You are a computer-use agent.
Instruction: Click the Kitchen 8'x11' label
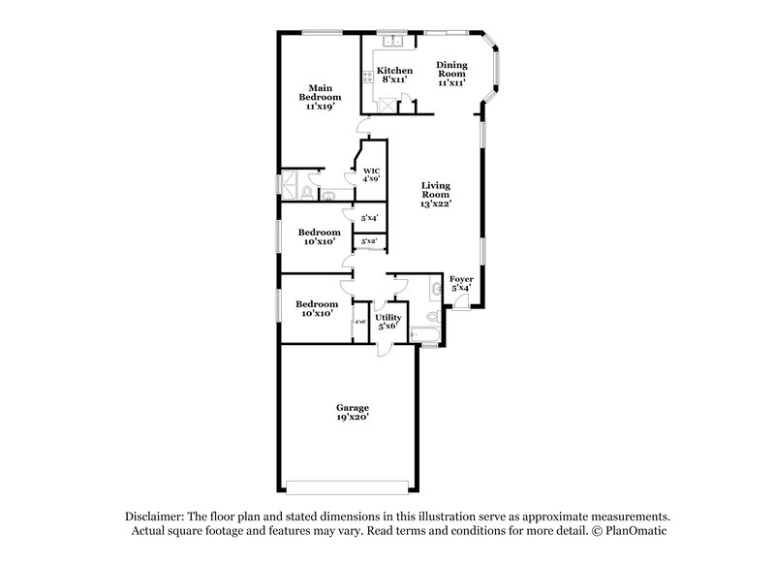[394, 75]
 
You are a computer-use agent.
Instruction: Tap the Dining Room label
[451, 75]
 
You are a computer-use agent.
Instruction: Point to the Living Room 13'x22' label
[436, 194]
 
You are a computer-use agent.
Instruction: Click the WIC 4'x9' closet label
[371, 174]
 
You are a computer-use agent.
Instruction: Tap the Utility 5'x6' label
[388, 322]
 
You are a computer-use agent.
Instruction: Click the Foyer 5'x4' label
[462, 283]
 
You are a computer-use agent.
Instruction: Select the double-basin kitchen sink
[393, 42]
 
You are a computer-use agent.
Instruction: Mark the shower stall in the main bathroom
[290, 182]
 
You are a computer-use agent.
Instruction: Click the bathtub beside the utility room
[426, 335]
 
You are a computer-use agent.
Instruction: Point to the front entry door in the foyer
[463, 302]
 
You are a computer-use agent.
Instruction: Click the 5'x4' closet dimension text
[368, 218]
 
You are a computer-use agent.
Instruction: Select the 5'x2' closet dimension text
[368, 240]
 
